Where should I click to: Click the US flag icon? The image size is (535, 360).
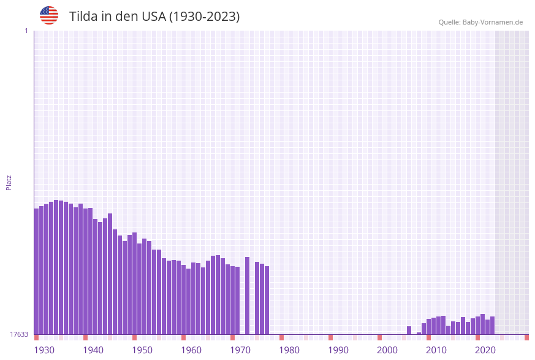(49, 15)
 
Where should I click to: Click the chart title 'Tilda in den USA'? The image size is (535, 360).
(154, 17)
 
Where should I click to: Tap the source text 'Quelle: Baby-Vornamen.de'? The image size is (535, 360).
(480, 22)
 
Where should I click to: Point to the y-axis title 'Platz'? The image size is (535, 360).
(9, 182)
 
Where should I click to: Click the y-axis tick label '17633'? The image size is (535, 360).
(19, 334)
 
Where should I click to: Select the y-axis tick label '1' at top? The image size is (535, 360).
(26, 31)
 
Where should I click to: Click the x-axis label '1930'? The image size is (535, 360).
(44, 350)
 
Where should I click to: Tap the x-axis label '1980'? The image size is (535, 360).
(289, 350)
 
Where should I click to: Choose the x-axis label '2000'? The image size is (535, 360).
(387, 350)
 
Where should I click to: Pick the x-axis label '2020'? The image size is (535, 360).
(485, 350)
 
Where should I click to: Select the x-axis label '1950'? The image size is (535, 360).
(142, 350)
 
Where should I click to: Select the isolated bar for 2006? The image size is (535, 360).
(409, 330)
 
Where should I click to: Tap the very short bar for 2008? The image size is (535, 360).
(419, 333)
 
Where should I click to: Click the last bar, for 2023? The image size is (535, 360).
(492, 325)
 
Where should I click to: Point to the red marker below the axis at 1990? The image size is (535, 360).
(330, 337)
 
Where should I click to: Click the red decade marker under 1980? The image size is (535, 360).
(281, 337)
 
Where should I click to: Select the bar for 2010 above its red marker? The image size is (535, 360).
(428, 326)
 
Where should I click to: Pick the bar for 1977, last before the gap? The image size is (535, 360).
(267, 300)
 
